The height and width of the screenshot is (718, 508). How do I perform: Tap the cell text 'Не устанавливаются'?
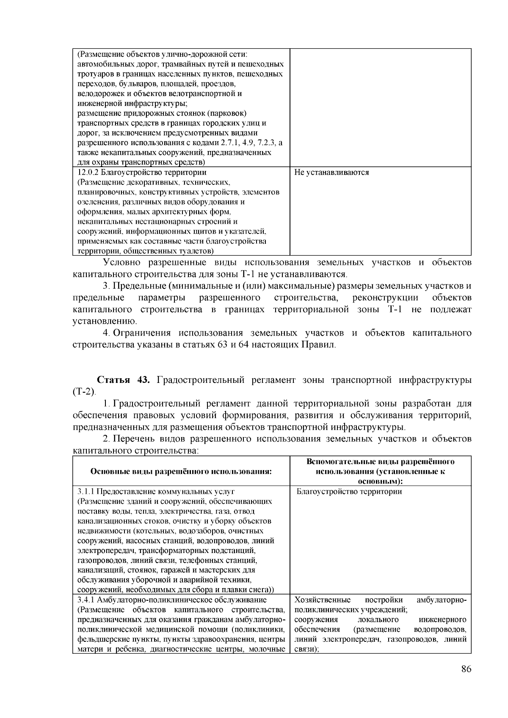click(331, 173)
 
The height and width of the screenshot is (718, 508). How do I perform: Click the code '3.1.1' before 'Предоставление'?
click(86, 492)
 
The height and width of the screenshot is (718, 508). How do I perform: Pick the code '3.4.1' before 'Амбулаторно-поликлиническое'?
click(86, 600)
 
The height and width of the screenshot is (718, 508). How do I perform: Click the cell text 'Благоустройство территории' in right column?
click(349, 492)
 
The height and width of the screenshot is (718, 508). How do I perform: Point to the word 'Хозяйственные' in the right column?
click(323, 600)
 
